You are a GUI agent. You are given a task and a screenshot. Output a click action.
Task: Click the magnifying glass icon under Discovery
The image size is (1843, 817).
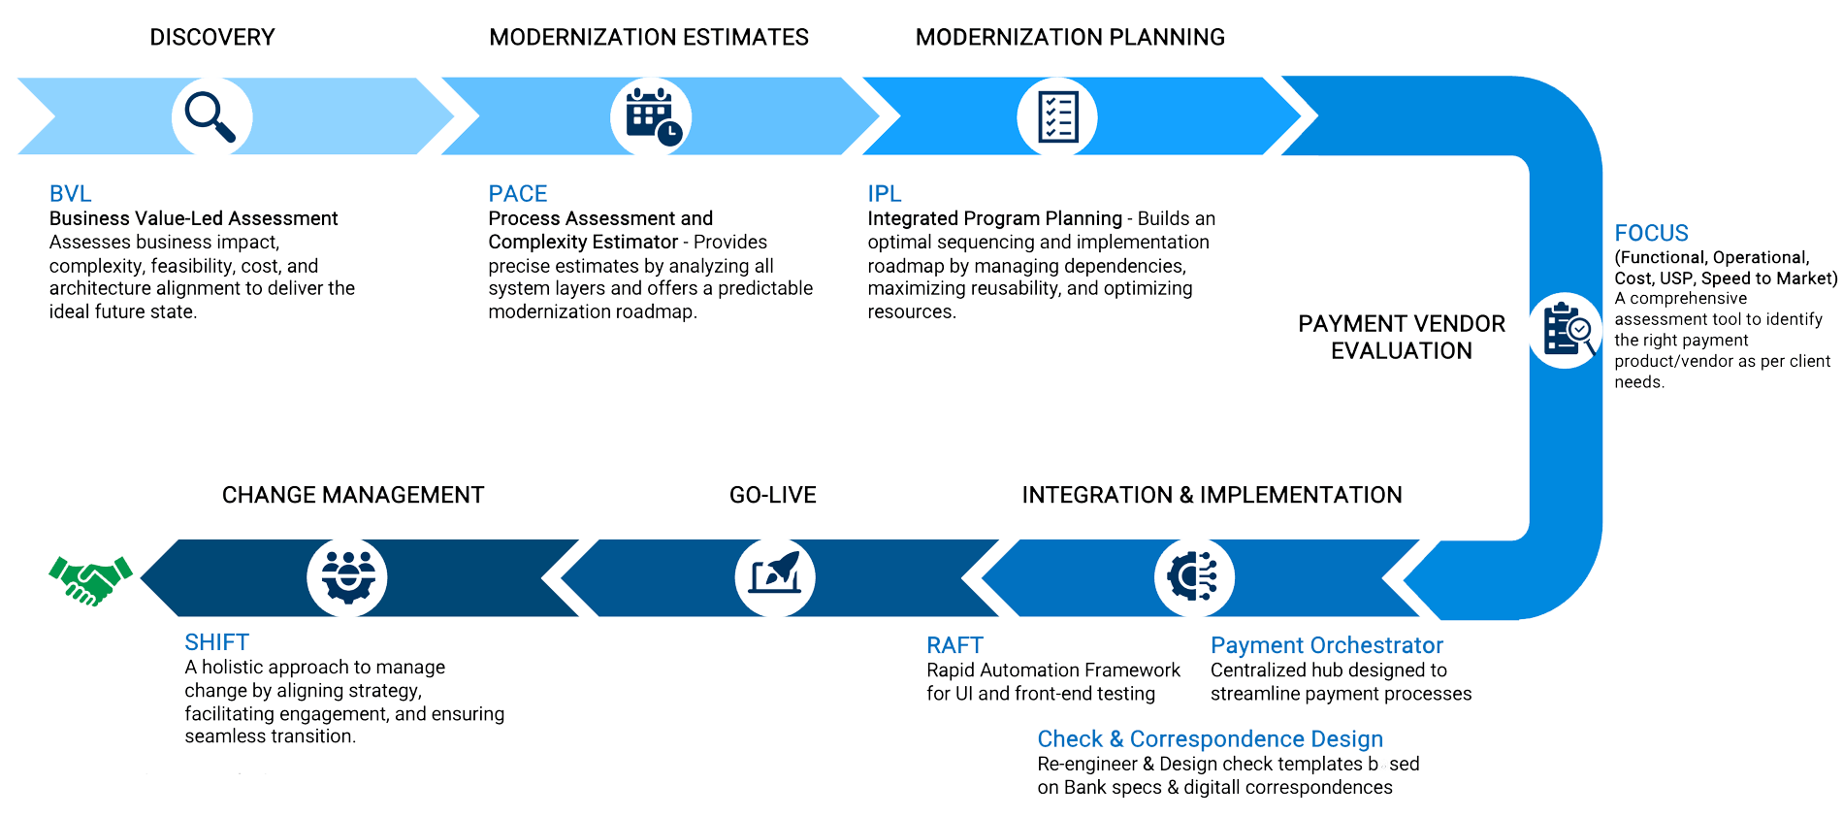(x=211, y=117)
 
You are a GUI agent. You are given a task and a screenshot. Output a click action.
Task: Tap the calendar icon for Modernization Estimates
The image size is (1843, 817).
(x=650, y=117)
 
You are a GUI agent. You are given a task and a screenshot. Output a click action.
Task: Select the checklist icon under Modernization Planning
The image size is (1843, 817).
(x=1057, y=117)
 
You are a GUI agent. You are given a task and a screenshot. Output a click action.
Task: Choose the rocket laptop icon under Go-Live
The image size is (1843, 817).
(x=773, y=577)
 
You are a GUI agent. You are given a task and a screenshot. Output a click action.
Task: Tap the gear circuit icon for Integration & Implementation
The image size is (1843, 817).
(x=1194, y=577)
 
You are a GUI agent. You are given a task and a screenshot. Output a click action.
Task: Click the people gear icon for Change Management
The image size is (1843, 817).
(x=346, y=577)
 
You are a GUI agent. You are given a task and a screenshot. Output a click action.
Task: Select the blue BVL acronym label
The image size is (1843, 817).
(x=71, y=193)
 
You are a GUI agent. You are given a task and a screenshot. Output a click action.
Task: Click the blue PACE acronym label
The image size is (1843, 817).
(x=518, y=193)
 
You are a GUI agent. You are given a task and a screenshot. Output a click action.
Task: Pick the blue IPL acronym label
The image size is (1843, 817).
(x=884, y=193)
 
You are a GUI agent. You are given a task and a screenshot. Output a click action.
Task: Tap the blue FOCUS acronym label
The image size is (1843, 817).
(x=1651, y=233)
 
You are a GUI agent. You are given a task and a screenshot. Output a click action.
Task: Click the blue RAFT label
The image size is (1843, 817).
(x=954, y=644)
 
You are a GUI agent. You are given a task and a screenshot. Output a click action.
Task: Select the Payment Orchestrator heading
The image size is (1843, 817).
(x=1327, y=644)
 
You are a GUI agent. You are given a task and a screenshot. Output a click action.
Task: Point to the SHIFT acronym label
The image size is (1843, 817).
(x=217, y=641)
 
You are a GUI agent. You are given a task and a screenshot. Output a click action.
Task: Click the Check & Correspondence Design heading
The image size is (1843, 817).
(x=1210, y=739)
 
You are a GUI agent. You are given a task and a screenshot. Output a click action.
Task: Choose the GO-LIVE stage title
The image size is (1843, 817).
(x=772, y=495)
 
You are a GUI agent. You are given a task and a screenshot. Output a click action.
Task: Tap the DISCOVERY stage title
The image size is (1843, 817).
(x=211, y=37)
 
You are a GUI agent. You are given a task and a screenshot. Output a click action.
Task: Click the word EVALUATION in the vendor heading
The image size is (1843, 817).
(x=1401, y=350)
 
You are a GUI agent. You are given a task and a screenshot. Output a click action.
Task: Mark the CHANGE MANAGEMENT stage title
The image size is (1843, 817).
(x=352, y=495)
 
